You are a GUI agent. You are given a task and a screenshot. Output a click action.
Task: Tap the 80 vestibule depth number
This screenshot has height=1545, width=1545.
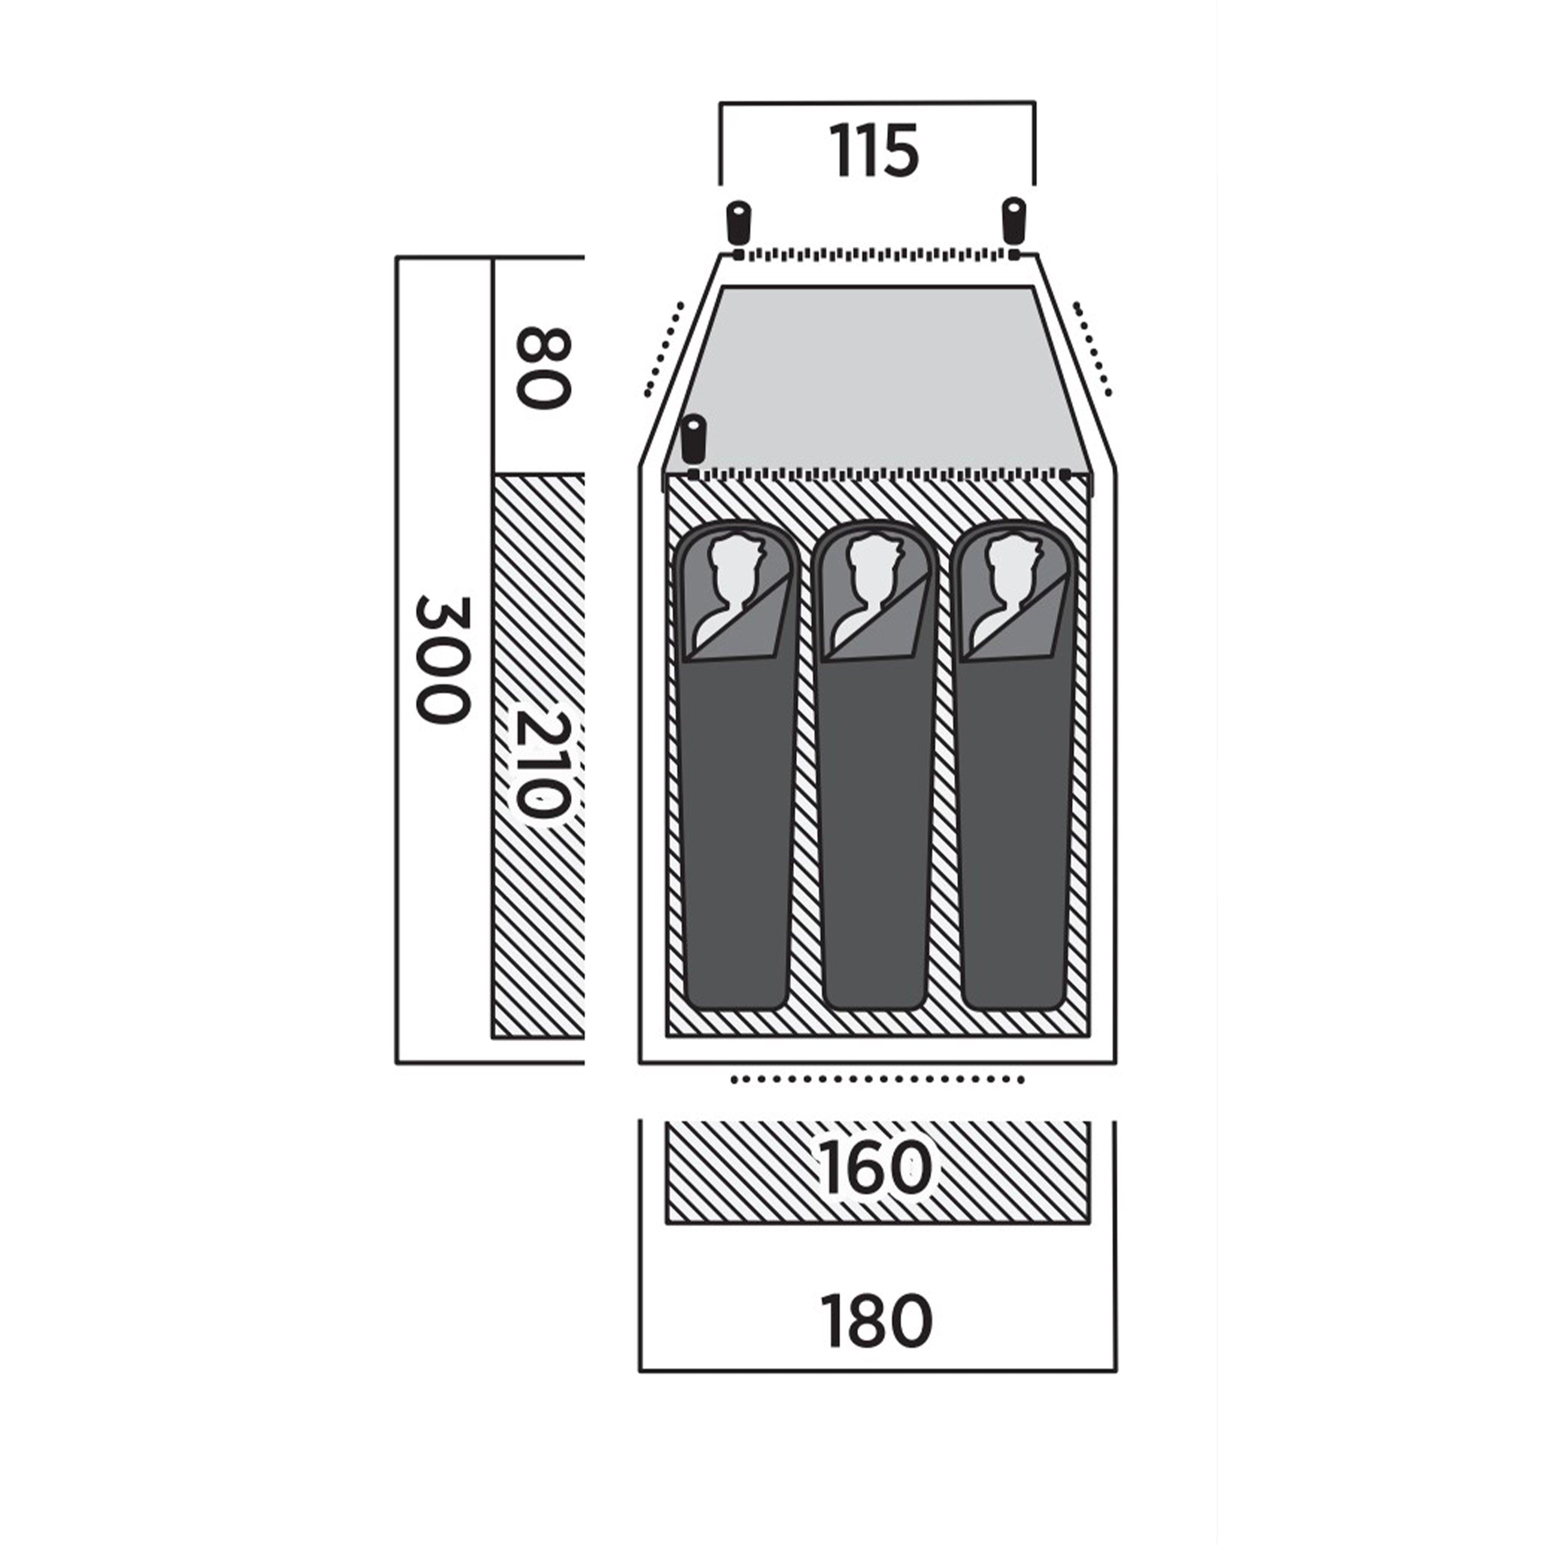point(544,367)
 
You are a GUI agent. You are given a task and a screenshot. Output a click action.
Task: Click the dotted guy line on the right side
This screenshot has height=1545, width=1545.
point(1092,349)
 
